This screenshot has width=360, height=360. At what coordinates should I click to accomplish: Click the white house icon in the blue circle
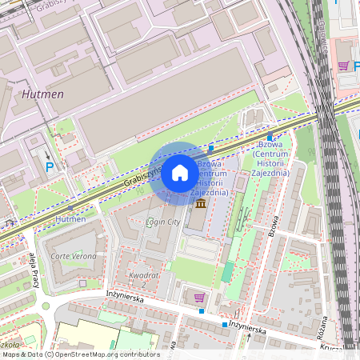[180, 172]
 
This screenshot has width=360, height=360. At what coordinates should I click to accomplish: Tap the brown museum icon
[199, 205]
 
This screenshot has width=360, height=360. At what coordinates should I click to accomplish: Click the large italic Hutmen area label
[65, 94]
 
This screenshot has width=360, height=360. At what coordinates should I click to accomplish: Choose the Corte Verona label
[74, 256]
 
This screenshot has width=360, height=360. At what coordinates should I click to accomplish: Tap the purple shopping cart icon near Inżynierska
[199, 298]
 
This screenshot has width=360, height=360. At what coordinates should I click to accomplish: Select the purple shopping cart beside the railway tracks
[344, 66]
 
